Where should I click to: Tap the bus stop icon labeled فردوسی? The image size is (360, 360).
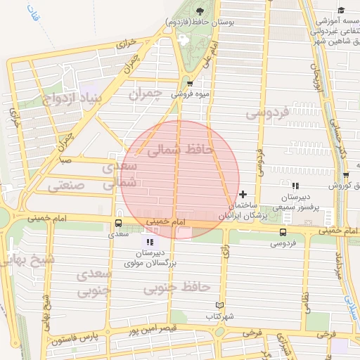click(283, 231)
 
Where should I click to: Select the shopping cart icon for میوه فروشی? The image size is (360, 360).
click(188, 83)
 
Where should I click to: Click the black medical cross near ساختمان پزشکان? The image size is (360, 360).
click(243, 194)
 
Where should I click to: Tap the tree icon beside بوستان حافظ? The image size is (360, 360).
click(199, 11)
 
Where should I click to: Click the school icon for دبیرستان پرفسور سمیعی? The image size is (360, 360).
click(296, 186)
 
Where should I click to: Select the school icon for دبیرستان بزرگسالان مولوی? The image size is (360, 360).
click(148, 242)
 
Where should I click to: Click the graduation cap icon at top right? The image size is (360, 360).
click(342, 10)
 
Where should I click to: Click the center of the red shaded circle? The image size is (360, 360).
click(181, 179)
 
